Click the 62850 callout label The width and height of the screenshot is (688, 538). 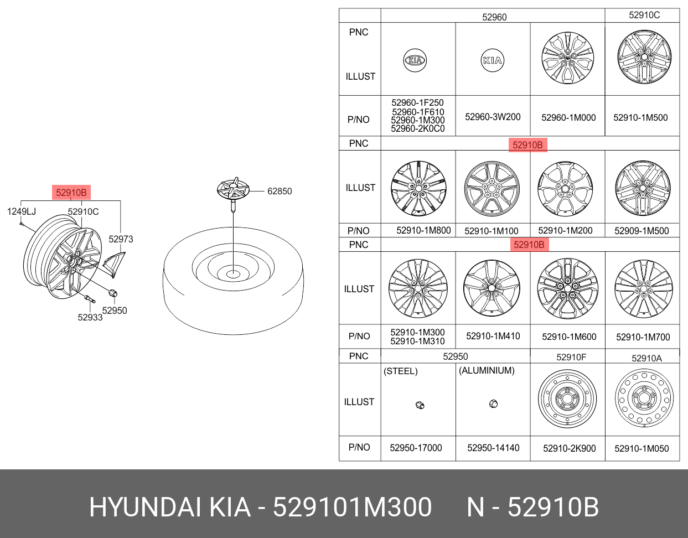[x=280, y=191]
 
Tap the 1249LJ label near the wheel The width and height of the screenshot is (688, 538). [x=22, y=211]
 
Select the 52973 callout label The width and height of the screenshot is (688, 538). [x=121, y=239]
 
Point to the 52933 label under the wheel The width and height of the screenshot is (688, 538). [x=90, y=317]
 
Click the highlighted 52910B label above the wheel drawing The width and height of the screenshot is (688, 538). [x=71, y=193]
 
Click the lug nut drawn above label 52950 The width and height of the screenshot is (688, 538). [x=113, y=293]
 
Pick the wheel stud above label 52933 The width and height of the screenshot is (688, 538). [x=90, y=298]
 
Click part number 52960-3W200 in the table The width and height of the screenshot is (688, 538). [x=493, y=117]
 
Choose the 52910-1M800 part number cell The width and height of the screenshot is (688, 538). [x=423, y=230]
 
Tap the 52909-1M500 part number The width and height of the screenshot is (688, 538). [x=642, y=231]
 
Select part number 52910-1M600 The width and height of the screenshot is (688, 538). [x=569, y=337]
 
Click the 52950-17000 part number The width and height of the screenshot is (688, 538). [x=416, y=448]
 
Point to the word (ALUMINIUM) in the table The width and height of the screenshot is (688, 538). [x=487, y=371]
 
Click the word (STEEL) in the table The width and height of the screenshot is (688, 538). [x=401, y=371]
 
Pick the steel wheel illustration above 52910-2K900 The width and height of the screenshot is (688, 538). [x=567, y=399]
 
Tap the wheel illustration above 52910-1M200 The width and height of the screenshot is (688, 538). [x=566, y=189]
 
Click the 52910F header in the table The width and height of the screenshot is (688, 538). [x=571, y=358]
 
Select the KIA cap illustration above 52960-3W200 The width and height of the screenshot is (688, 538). [x=492, y=60]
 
